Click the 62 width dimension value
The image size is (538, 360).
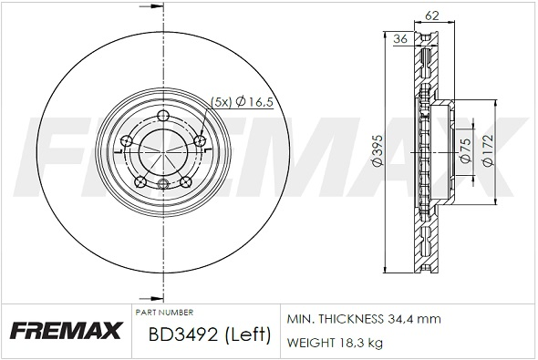pos(431,15)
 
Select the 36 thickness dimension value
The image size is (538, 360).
pos(400,39)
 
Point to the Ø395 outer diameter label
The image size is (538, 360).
pos(377,151)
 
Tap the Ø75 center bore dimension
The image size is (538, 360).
pos(465,151)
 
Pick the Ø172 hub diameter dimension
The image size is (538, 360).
pos(488,150)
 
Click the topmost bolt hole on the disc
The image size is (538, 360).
pos(163,115)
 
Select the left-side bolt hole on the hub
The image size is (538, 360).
pos(127,140)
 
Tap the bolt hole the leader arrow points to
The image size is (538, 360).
pos(200,140)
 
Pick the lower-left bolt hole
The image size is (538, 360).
pos(140,182)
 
